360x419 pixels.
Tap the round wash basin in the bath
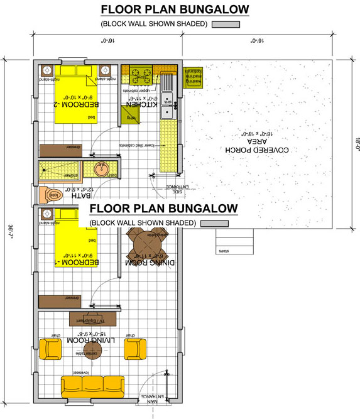(x=101, y=169)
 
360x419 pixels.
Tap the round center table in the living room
(x=92, y=348)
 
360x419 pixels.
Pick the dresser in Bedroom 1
(x=61, y=301)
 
